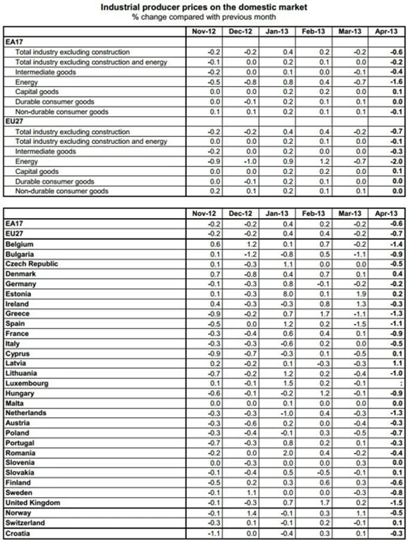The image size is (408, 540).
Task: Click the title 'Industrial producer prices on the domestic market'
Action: (x=203, y=6)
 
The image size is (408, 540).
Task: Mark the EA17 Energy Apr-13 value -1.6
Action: (x=396, y=82)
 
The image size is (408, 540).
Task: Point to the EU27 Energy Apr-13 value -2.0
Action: (x=396, y=162)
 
